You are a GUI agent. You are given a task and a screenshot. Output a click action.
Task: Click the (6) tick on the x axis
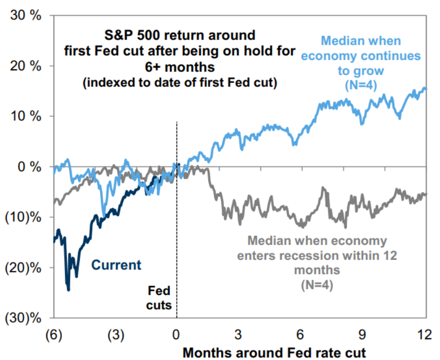pos(54,334)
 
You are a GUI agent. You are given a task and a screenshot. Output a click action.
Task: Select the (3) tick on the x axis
pos(115,334)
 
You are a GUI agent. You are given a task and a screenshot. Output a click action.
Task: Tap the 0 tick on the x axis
pos(177,334)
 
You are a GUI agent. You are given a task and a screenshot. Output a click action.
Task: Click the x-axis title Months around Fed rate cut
pos(274,352)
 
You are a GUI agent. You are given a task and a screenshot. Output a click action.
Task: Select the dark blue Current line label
pos(116,265)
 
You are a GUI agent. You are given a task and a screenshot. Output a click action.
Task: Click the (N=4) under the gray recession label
pos(317,284)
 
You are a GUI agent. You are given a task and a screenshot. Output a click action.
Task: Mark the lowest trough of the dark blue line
pos(68,290)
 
